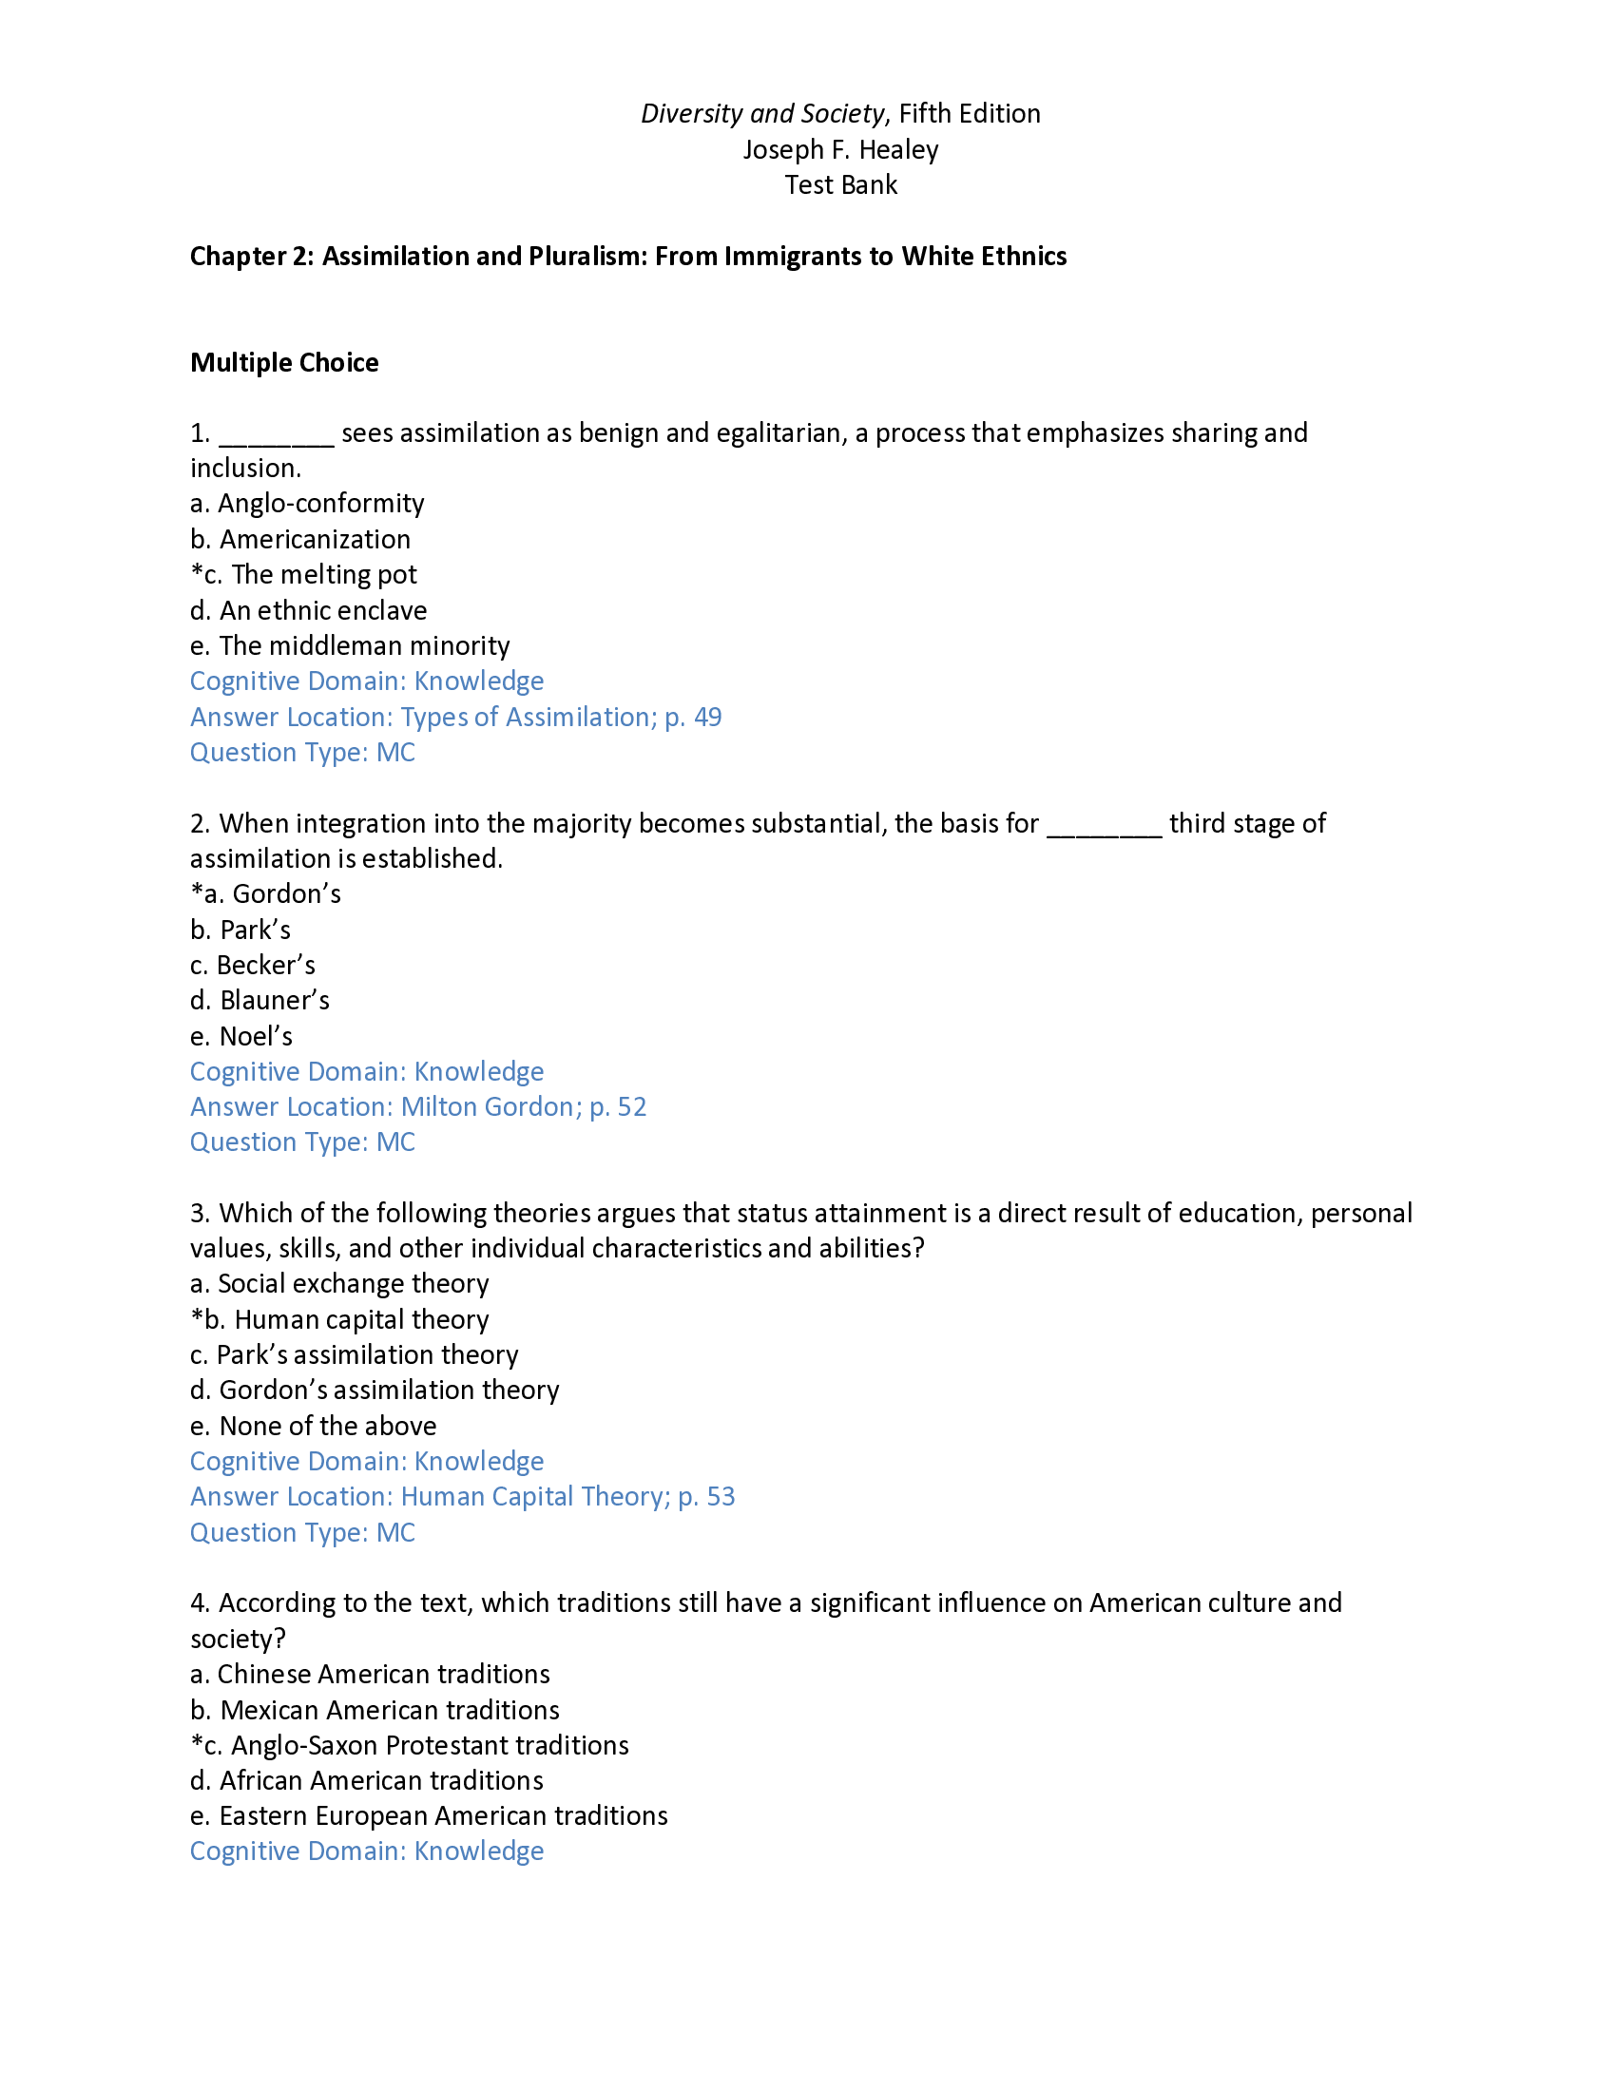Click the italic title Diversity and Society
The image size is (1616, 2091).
pos(762,114)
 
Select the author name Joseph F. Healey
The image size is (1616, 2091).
pos(840,150)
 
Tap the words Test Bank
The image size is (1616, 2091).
pos(840,185)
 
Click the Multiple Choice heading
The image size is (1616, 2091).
pos(284,363)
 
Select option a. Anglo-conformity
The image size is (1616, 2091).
pos(306,504)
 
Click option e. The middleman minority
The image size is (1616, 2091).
pos(350,646)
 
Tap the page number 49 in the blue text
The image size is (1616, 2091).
pos(706,717)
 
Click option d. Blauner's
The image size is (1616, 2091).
pos(260,1001)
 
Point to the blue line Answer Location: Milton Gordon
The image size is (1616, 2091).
pos(417,1106)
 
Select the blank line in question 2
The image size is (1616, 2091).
pos(1104,825)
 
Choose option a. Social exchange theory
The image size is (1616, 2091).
pos(339,1284)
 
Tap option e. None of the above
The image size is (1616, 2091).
pos(313,1427)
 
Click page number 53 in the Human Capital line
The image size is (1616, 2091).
pos(720,1497)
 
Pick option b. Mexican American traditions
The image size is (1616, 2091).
pos(375,1710)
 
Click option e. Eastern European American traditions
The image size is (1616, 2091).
pos(428,1816)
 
